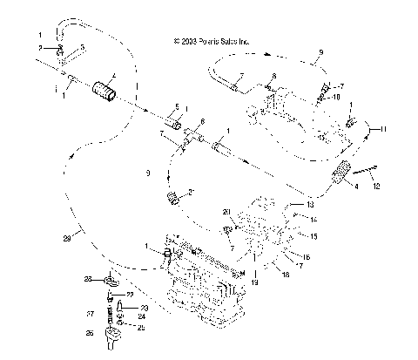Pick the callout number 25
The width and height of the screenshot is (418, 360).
(x=144, y=327)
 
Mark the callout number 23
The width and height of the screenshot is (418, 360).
(x=144, y=309)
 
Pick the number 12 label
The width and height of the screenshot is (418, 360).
(x=376, y=185)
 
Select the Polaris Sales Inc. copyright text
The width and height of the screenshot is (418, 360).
(x=212, y=39)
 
